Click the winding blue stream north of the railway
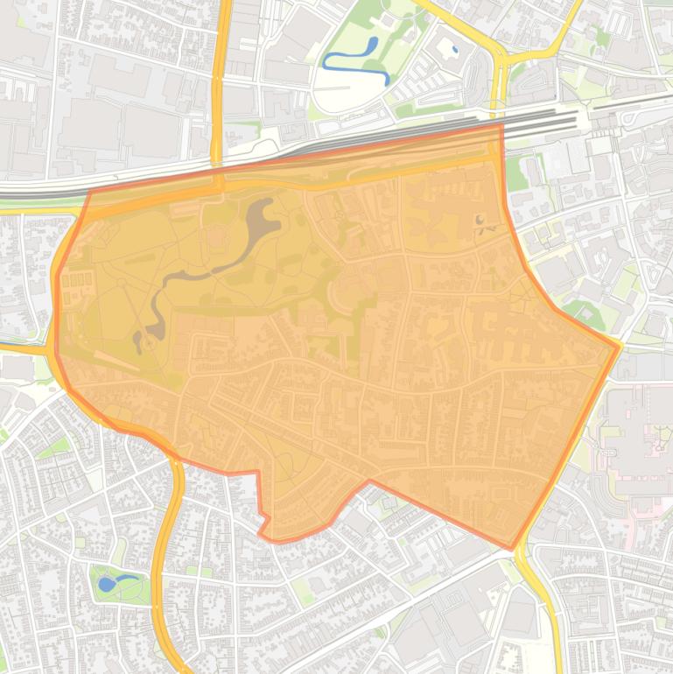click(354, 60)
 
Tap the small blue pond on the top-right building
click(454, 50)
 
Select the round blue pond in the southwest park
click(107, 583)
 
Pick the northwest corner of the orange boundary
click(90, 191)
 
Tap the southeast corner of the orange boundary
click(512, 549)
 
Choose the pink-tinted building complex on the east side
click(643, 438)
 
